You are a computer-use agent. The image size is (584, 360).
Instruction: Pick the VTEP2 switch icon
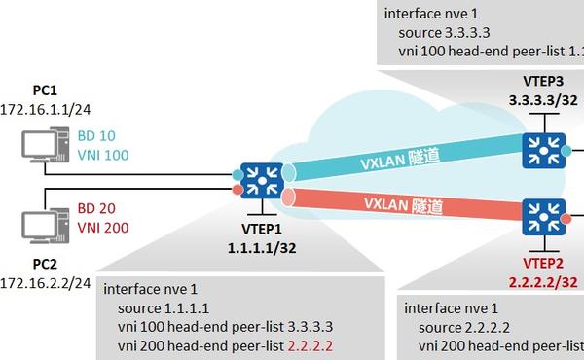(537, 213)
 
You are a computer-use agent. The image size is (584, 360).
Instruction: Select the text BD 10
(95, 136)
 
